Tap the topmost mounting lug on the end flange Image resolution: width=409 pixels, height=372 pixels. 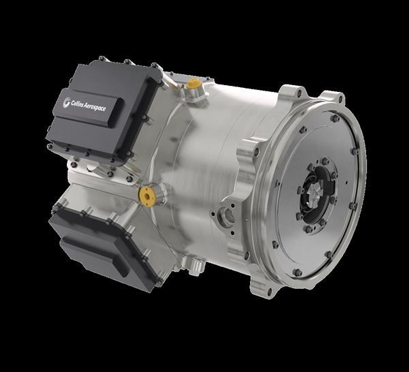(x=290, y=91)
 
